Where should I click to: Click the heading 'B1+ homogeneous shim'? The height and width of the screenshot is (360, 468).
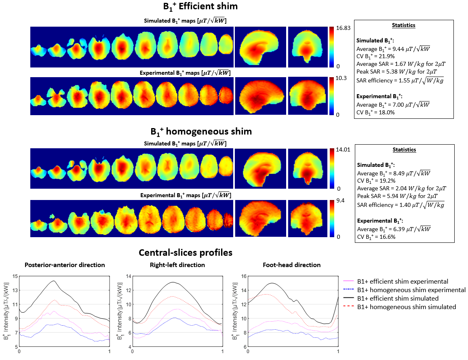[201, 132]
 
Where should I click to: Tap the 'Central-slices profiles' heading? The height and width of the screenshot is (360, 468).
[186, 253]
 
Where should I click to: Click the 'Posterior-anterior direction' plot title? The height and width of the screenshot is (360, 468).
[65, 265]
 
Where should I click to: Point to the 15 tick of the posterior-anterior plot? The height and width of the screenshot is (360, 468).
[15, 276]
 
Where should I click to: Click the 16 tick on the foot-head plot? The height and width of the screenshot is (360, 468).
[244, 276]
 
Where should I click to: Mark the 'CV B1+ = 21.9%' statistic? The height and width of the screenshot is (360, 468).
[374, 56]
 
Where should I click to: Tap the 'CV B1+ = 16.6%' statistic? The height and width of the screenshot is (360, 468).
[375, 237]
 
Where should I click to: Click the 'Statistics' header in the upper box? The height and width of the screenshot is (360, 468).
[404, 25]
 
